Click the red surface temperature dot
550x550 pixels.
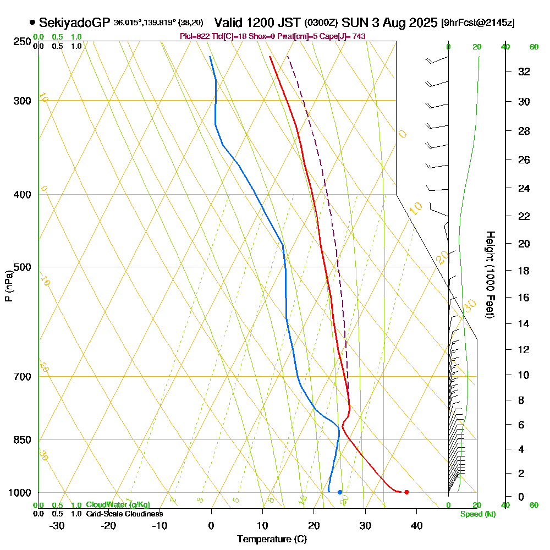point(406,492)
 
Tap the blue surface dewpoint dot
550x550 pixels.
point(340,492)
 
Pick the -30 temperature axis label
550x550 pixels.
point(57,525)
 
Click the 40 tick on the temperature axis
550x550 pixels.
point(416,525)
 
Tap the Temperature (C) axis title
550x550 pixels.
point(272,539)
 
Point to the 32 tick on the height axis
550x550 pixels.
point(525,71)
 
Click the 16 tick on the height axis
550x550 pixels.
point(525,298)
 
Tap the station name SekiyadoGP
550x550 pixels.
point(75,23)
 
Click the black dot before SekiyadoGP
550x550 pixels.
point(32,23)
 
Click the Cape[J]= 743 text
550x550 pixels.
point(345,36)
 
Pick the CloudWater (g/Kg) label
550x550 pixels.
point(118,504)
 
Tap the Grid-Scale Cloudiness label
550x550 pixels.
point(124,513)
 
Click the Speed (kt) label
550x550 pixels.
point(477,514)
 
